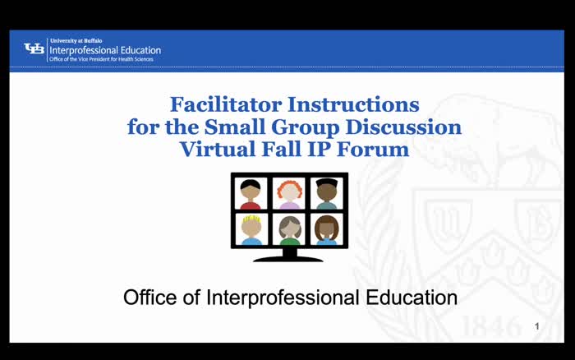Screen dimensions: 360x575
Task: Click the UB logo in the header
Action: [34, 49]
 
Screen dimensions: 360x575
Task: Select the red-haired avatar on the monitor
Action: [289, 193]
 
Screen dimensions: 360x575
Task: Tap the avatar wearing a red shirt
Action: [251, 194]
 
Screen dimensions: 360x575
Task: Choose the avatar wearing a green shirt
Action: [289, 229]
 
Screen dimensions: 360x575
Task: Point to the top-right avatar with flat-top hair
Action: [327, 193]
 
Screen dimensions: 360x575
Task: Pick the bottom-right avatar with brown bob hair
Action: [327, 229]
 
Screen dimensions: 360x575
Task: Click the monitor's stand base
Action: [288, 257]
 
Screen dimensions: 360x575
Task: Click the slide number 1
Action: [536, 327]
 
